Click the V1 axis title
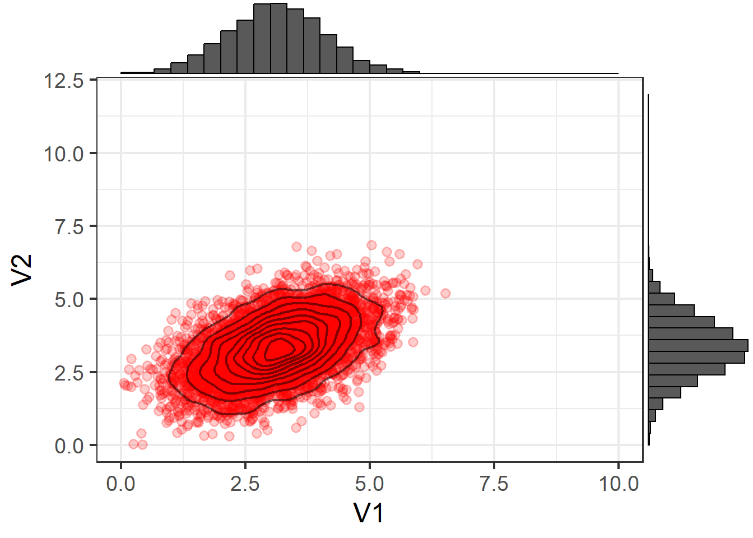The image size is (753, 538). click(368, 512)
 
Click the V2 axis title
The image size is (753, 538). click(22, 270)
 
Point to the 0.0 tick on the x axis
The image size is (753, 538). click(120, 483)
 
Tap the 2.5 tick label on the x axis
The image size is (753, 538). click(245, 483)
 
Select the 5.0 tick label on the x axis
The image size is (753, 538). click(369, 483)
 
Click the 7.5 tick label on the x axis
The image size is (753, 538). click(494, 483)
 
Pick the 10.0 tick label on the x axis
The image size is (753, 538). click(619, 483)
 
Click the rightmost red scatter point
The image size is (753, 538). click(445, 293)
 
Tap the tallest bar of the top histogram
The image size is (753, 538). click(278, 38)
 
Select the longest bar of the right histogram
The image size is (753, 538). click(698, 345)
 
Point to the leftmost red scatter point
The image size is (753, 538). click(124, 383)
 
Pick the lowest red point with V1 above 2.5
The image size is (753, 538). click(257, 433)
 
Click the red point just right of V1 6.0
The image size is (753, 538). click(425, 290)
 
